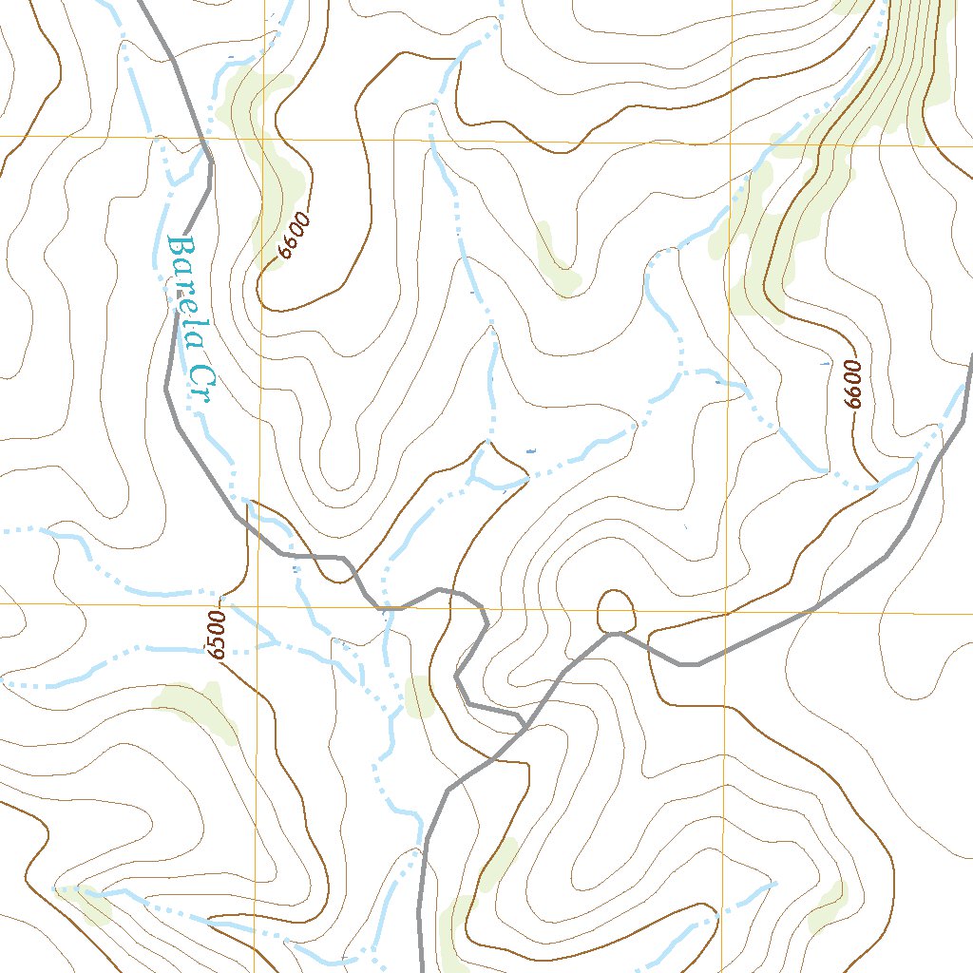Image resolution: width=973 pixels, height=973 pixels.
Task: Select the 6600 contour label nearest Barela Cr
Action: (296, 237)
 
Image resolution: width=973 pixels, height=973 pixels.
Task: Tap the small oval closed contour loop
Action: (616, 609)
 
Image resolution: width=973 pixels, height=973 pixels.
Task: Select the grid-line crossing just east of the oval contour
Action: (727, 613)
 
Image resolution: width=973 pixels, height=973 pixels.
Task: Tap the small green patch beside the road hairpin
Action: (419, 696)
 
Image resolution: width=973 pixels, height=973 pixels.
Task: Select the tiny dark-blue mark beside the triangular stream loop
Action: (530, 450)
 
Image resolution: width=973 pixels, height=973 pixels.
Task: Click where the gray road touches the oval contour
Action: (616, 632)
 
